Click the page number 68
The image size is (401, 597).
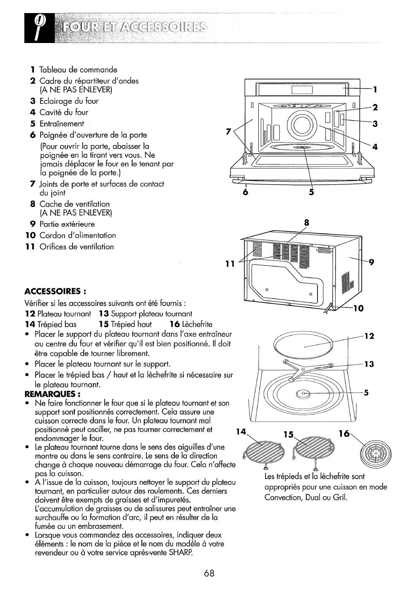209,573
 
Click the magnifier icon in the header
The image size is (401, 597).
39,28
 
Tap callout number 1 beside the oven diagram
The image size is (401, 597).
375,89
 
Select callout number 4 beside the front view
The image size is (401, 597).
375,147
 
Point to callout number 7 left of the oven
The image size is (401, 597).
228,132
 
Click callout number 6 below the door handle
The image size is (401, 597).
246,192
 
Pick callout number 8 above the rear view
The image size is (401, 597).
306,223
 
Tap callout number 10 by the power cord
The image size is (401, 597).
359,308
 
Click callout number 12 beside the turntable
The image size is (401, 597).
369,336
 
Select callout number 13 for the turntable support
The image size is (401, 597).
369,364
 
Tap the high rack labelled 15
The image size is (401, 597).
314,451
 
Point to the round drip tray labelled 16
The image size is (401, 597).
376,452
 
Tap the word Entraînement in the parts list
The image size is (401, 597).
62,124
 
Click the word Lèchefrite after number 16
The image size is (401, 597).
197,324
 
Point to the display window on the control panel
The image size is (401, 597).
302,90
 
